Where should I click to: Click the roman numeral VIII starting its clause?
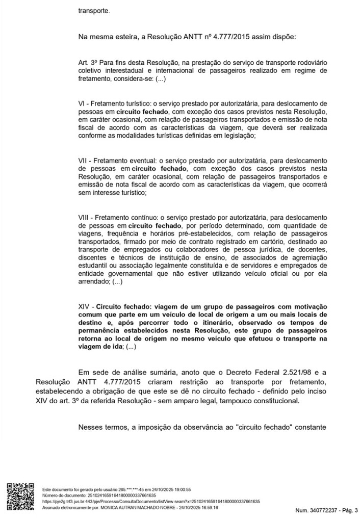(85, 217)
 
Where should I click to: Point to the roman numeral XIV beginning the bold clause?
(84, 307)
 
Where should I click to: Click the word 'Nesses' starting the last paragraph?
(90, 426)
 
